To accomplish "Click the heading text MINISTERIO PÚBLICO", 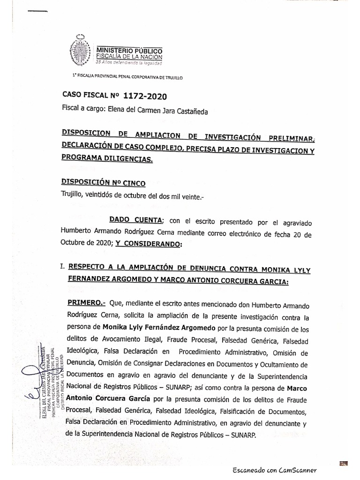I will pos(129,50).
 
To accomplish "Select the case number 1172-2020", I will pos(145,97).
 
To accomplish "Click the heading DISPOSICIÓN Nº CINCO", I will pos(104,183).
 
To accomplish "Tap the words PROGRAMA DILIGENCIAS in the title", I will pos(107,159).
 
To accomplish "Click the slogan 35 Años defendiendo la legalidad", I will pos(128,62).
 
